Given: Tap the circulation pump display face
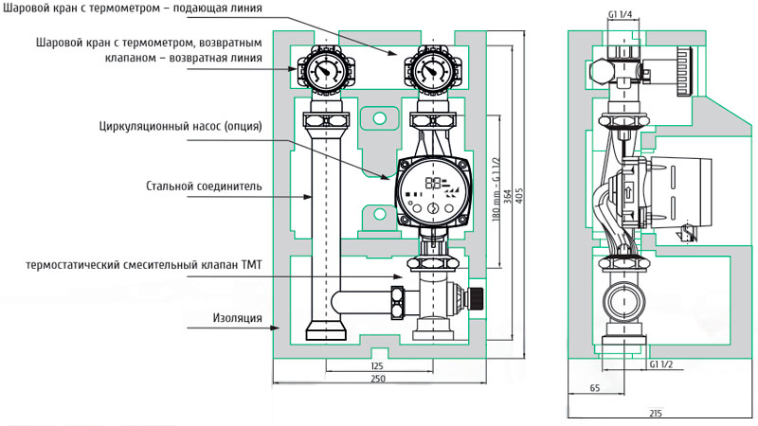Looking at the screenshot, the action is (433, 193).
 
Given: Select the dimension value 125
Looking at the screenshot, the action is (377, 366).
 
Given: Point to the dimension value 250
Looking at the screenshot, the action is (377, 379).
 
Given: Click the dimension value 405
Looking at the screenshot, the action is (520, 195).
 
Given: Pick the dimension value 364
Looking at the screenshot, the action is (508, 195).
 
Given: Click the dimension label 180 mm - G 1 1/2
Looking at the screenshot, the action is (496, 189).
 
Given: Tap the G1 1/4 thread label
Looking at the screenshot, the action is (620, 14).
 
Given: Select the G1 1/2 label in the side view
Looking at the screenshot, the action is (660, 364).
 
